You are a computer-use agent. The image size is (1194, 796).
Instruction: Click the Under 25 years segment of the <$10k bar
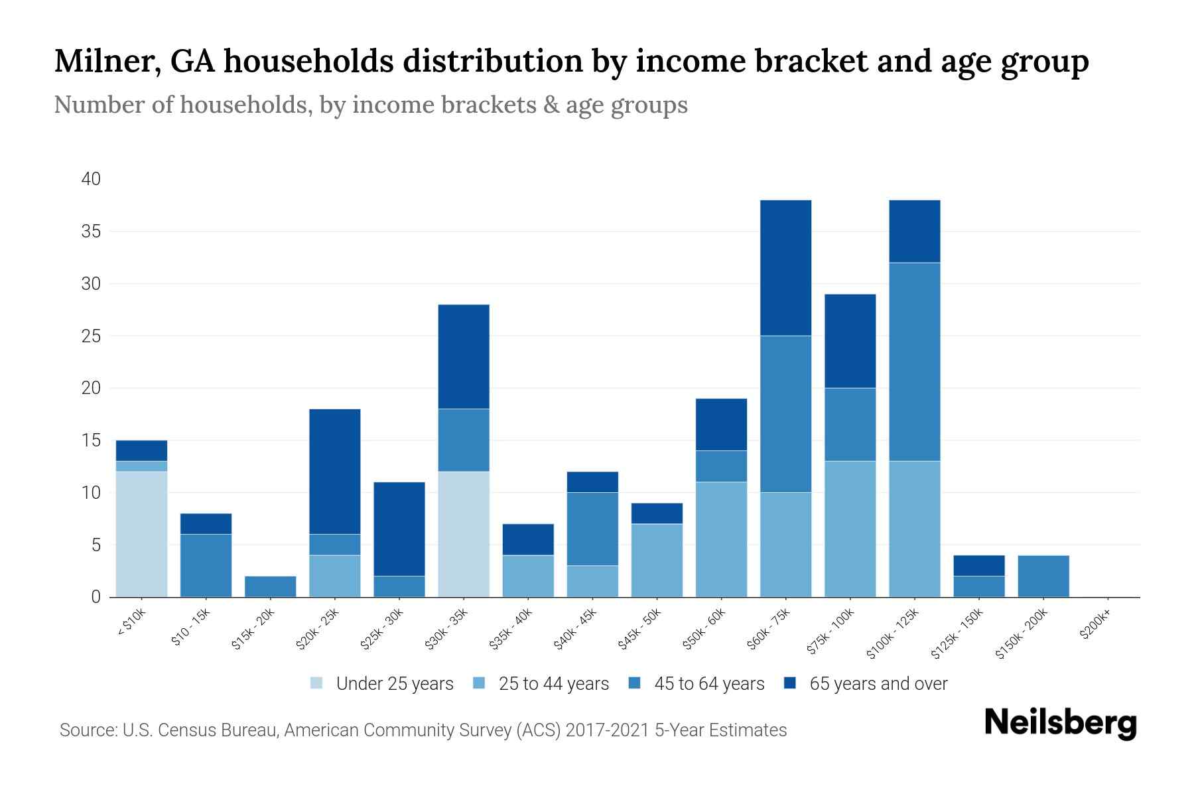click(x=141, y=534)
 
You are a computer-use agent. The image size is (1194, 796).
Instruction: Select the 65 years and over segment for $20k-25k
click(x=335, y=472)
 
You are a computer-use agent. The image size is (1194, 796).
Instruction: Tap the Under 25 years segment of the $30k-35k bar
click(x=464, y=534)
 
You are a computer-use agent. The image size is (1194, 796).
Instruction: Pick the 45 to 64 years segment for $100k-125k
click(x=915, y=362)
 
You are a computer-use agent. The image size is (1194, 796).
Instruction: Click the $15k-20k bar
click(x=271, y=586)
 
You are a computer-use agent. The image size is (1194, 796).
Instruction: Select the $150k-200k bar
click(x=1043, y=576)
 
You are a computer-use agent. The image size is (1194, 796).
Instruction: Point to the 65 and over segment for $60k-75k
click(x=785, y=268)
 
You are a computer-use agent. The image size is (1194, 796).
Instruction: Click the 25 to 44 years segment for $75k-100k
click(x=850, y=529)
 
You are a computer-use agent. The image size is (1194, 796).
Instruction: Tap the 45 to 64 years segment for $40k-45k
click(x=592, y=529)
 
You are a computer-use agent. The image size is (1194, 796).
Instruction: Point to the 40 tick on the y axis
click(x=91, y=179)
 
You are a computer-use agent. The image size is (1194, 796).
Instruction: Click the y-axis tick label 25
click(x=91, y=336)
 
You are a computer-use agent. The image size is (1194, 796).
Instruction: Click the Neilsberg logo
click(x=1060, y=723)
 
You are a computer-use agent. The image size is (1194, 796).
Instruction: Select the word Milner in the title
click(x=105, y=62)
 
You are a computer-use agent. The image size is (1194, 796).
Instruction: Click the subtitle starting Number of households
click(x=370, y=105)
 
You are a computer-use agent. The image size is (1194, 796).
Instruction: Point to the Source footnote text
click(x=423, y=730)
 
